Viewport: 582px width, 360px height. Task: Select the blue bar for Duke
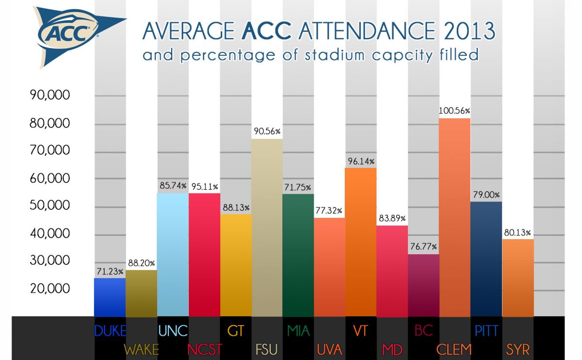tap(109, 297)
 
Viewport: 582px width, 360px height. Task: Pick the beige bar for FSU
tap(267, 228)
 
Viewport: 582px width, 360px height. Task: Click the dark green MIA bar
tap(298, 255)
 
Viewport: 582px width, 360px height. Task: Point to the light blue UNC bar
tap(173, 255)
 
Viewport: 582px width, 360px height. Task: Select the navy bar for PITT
tap(486, 259)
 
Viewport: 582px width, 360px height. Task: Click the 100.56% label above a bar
tap(454, 111)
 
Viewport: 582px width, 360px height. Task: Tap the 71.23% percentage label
tap(109, 271)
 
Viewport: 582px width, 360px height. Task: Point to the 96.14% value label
tap(360, 161)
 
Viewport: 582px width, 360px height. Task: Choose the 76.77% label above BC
tap(423, 247)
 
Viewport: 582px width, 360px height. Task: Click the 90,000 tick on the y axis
tap(50, 95)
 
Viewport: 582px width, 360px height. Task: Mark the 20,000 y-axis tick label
tap(50, 289)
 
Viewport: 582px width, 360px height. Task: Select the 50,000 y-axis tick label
tap(50, 206)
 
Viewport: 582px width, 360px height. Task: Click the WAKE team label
tap(141, 349)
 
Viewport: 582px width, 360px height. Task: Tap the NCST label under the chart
tap(204, 349)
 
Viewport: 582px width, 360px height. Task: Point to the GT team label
tap(235, 331)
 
